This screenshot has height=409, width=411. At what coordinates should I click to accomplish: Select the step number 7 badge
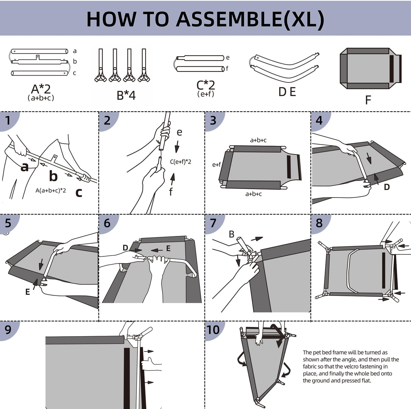click(213, 223)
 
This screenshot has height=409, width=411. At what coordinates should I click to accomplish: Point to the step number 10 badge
click(213, 330)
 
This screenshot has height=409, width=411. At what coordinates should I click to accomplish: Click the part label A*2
click(41, 89)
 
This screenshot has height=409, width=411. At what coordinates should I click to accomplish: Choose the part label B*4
click(126, 96)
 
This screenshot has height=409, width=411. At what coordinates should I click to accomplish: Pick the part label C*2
click(206, 85)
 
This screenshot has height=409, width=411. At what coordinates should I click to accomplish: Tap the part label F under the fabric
click(368, 100)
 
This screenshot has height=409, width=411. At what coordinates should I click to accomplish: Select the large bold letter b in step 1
click(53, 176)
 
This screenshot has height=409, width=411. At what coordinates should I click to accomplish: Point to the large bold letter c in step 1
click(79, 192)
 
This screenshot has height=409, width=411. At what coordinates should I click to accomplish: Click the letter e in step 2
click(179, 132)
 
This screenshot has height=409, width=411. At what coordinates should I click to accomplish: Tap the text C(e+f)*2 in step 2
click(181, 162)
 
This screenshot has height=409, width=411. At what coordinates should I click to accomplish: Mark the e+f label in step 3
click(216, 165)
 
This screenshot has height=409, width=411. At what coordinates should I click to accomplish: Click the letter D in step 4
click(387, 187)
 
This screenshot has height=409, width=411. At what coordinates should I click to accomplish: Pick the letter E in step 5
click(27, 292)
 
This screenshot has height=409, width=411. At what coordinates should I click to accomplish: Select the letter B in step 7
click(232, 234)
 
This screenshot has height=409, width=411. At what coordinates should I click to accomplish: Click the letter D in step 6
click(125, 248)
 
